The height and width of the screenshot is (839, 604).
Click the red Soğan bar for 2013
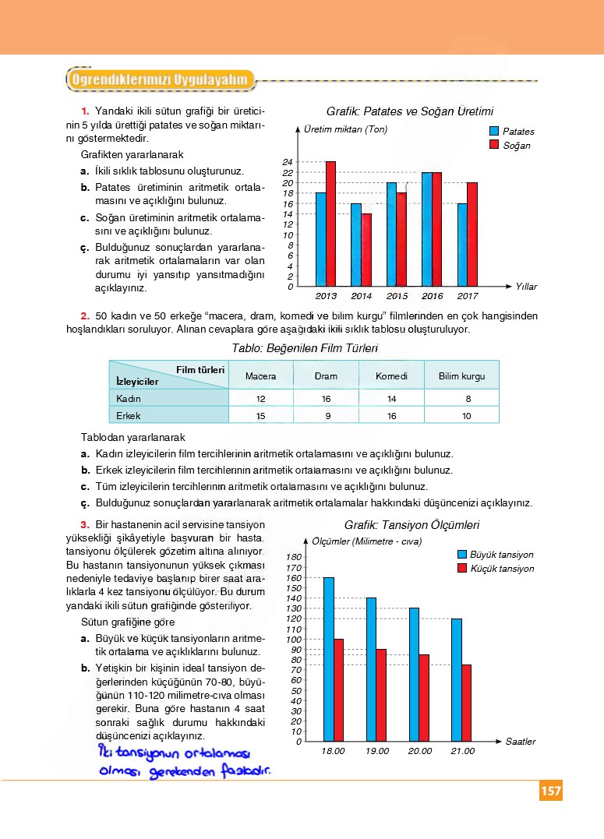tap(330, 224)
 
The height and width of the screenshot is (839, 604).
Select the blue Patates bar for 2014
tap(356, 245)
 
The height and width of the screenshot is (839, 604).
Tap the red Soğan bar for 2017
tap(472, 234)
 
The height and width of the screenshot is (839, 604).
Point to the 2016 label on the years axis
tap(432, 296)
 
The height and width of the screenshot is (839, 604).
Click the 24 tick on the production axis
tap(288, 162)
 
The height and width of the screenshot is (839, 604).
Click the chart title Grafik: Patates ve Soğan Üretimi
tap(410, 111)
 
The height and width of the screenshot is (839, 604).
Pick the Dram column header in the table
tap(326, 376)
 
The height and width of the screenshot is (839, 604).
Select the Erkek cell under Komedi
tap(391, 416)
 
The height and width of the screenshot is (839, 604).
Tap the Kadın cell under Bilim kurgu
tap(467, 399)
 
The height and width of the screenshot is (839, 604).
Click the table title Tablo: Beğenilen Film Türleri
tap(306, 348)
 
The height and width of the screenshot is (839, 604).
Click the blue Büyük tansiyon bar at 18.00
tap(329, 659)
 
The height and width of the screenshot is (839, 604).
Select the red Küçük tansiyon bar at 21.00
tap(466, 703)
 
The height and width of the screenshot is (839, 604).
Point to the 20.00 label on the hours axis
tap(419, 752)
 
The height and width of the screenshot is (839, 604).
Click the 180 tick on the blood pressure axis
tap(293, 557)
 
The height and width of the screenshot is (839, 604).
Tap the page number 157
tap(550, 791)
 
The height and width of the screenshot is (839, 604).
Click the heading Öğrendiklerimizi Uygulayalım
tap(160, 79)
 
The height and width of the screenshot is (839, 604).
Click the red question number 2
tap(85, 316)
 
